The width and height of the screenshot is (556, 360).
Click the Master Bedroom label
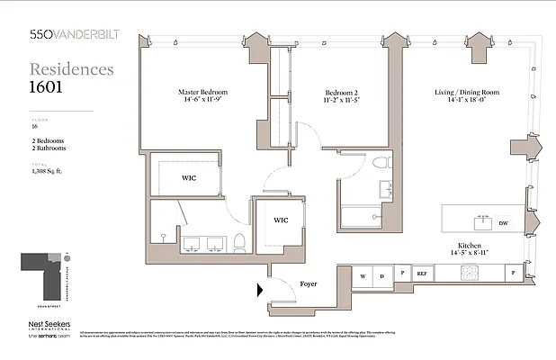point(202,92)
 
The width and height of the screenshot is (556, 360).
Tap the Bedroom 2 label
point(344,92)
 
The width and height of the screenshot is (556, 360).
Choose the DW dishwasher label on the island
point(505,222)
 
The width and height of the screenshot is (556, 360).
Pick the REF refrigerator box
point(421,273)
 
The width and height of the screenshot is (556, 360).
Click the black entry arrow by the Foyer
point(260,290)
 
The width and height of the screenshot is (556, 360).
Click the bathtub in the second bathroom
point(362,218)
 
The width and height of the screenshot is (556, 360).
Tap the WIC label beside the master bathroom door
point(280,220)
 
